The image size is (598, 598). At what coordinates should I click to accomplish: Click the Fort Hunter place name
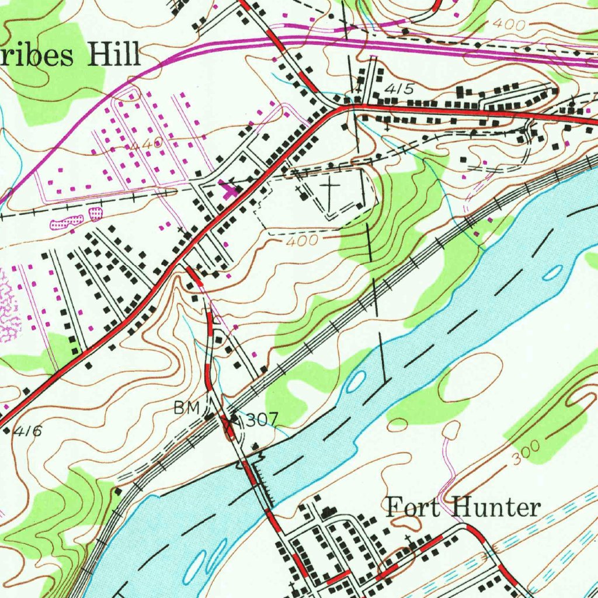click(x=463, y=507)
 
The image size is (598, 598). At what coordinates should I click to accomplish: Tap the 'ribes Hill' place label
click(x=70, y=56)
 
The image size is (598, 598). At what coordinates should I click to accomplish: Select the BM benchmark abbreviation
click(x=187, y=408)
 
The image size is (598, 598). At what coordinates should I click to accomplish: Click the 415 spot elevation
click(x=399, y=89)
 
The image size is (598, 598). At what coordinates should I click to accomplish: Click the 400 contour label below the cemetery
click(x=303, y=240)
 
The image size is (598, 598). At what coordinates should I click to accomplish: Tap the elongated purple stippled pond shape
click(x=68, y=221)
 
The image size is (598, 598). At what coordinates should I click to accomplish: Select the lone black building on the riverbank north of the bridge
click(x=255, y=448)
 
